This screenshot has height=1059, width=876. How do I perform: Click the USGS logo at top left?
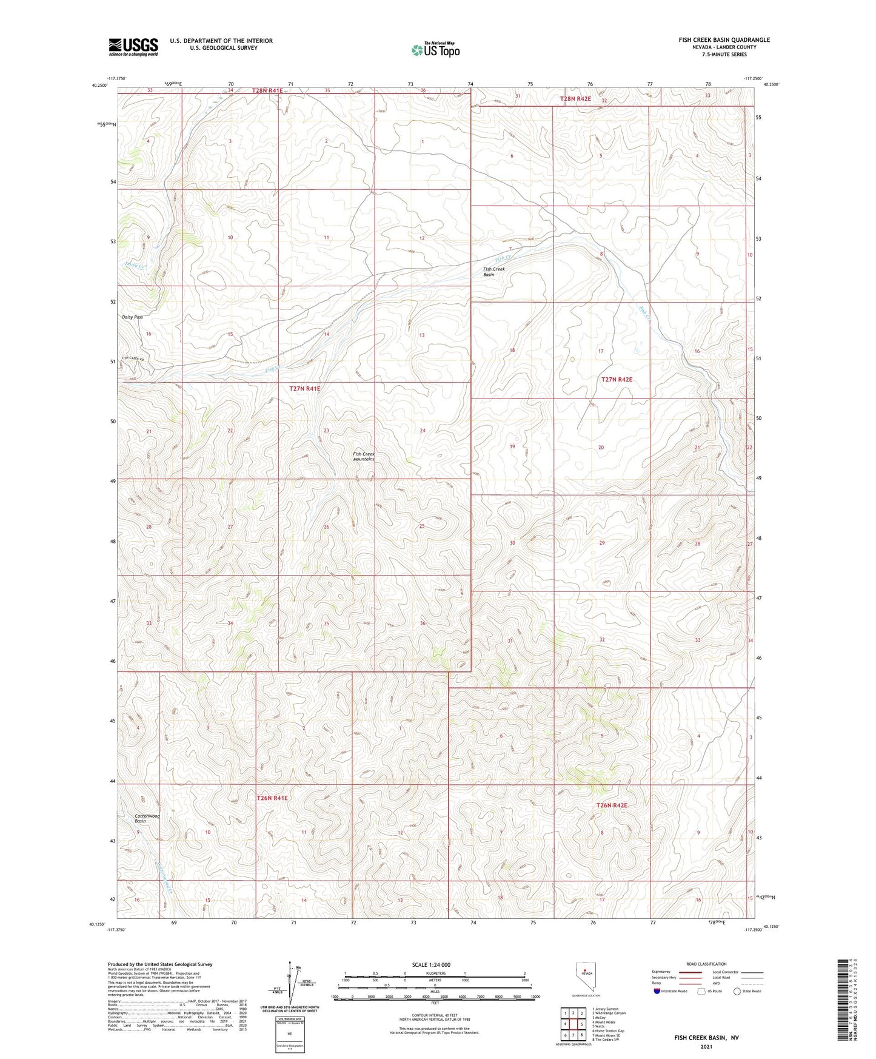(x=133, y=47)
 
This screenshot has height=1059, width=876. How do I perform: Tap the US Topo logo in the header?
(x=435, y=50)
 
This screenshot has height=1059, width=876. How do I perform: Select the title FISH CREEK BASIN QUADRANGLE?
(x=724, y=40)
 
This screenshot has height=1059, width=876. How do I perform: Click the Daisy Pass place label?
(x=133, y=317)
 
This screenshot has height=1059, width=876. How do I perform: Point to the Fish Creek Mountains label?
(x=364, y=456)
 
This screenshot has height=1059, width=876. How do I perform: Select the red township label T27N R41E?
(x=304, y=388)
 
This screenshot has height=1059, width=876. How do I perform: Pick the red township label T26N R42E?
(x=612, y=805)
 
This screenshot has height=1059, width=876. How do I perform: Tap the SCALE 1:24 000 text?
(x=431, y=964)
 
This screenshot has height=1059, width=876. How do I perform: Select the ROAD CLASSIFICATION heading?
(x=707, y=964)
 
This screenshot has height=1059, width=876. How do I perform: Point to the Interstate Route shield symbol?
(x=657, y=991)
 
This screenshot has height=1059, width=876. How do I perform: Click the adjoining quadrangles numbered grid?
(x=573, y=1024)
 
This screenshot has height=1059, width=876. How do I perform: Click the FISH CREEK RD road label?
(x=135, y=358)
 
